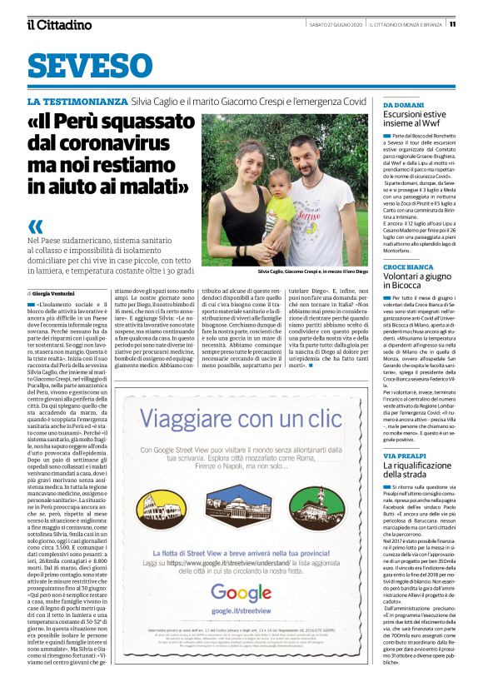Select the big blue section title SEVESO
(x=90, y=66)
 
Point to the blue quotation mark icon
(x=35, y=227)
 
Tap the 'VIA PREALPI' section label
(x=403, y=457)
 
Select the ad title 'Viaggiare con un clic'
(x=242, y=417)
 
